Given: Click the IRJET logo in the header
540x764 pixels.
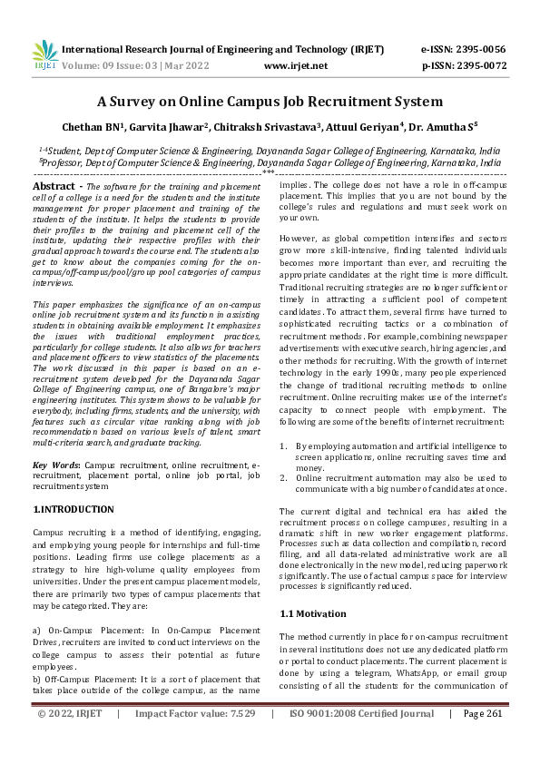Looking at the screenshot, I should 44,55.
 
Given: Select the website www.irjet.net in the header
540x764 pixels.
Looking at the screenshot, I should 295,65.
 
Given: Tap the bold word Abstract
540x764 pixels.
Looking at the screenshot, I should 53,186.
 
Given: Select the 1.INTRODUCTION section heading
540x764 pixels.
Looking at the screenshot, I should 73,510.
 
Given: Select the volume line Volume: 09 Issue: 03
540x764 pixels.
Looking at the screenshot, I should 124,65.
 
